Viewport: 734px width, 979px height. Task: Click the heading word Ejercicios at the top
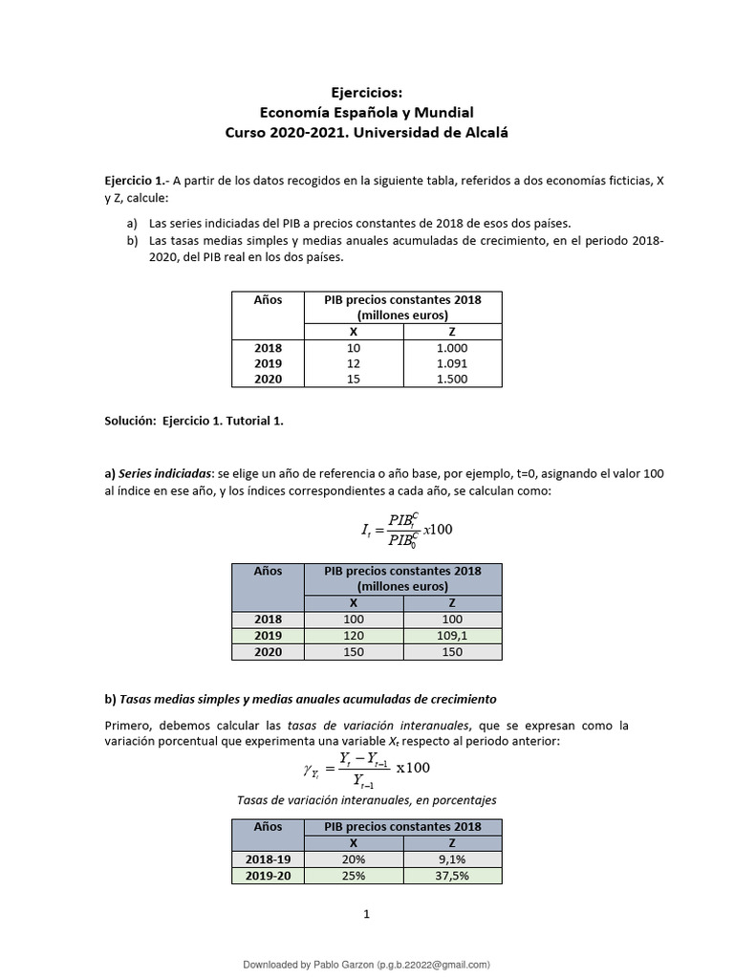pyautogui.click(x=367, y=93)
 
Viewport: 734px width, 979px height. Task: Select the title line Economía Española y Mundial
pyautogui.click(x=367, y=112)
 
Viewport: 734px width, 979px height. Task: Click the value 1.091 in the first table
pyautogui.click(x=452, y=363)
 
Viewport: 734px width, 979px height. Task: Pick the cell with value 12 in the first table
pyautogui.click(x=354, y=363)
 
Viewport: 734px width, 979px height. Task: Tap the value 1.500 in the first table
pyautogui.click(x=452, y=380)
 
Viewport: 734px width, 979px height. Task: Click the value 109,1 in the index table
pyautogui.click(x=452, y=636)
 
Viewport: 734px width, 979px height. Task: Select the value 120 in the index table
pyautogui.click(x=354, y=636)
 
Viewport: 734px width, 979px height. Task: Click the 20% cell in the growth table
pyautogui.click(x=354, y=859)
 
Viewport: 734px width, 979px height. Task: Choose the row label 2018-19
pyautogui.click(x=268, y=859)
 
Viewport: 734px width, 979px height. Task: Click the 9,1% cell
pyautogui.click(x=452, y=859)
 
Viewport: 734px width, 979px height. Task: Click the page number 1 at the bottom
pyautogui.click(x=366, y=915)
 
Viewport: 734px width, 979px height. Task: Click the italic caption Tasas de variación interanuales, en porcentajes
pyautogui.click(x=367, y=799)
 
